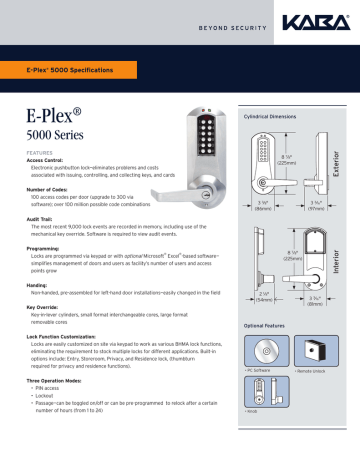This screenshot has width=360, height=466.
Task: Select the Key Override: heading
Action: pos(45,307)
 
